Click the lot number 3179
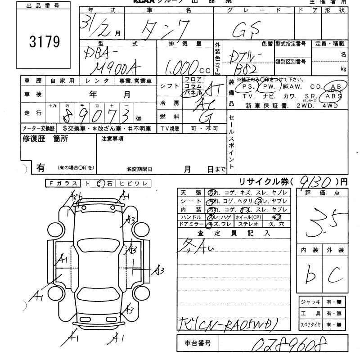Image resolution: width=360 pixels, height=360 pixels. tap(44, 42)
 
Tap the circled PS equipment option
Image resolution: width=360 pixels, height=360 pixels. tap(247, 86)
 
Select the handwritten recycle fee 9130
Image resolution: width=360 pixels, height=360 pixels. tap(315, 182)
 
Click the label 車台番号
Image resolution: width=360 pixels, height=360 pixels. tap(198, 344)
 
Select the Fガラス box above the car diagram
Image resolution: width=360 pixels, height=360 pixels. tap(63, 183)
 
